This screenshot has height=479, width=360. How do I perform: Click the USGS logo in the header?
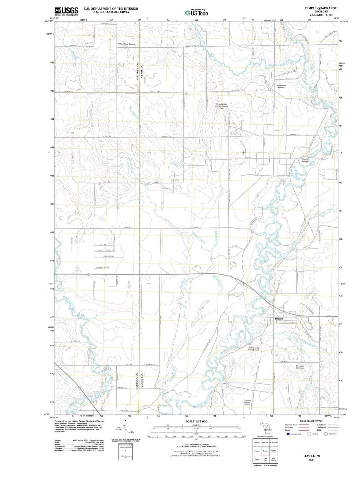[x=67, y=11]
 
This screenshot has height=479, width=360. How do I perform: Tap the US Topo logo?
[x=196, y=13]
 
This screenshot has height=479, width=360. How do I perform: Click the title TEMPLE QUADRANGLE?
[x=321, y=8]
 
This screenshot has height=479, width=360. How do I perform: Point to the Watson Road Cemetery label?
[x=127, y=44]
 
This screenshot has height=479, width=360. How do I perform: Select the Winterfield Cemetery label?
[x=281, y=86]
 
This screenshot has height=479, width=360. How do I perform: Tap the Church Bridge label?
[x=305, y=160]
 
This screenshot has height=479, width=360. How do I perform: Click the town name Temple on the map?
[x=278, y=319]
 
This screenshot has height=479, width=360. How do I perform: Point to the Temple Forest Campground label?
[x=253, y=349]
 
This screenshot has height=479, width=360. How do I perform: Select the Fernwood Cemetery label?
[x=300, y=367]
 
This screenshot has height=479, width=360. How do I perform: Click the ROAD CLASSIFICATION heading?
[x=311, y=421]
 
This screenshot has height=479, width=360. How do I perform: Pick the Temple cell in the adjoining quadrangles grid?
[x=265, y=451]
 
